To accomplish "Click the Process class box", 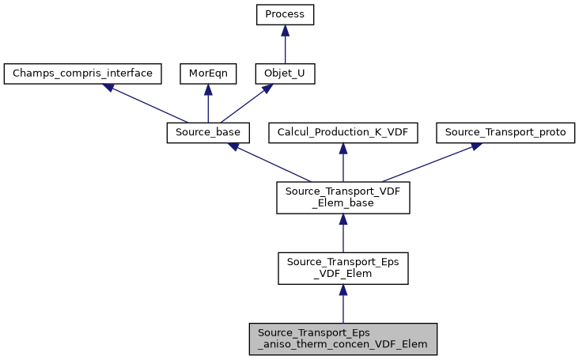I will click(x=285, y=15).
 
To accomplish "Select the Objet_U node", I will click(x=285, y=74).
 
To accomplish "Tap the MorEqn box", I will click(x=208, y=74).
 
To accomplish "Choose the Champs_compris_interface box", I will click(x=83, y=74).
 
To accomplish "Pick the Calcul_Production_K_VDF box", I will click(x=342, y=133).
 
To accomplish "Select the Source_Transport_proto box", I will click(x=505, y=133).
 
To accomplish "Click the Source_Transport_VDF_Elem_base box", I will click(x=342, y=198).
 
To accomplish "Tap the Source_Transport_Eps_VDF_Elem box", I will click(x=342, y=268).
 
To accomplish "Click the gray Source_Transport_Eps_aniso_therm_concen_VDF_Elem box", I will click(x=342, y=338).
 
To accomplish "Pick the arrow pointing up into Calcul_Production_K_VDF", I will click(x=342, y=162).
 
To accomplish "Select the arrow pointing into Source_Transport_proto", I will click(x=427, y=162).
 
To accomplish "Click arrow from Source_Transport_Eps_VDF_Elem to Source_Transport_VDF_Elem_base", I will click(x=342, y=233).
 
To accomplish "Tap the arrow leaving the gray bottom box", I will click(x=342, y=304).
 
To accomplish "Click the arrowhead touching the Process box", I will click(x=285, y=29).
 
